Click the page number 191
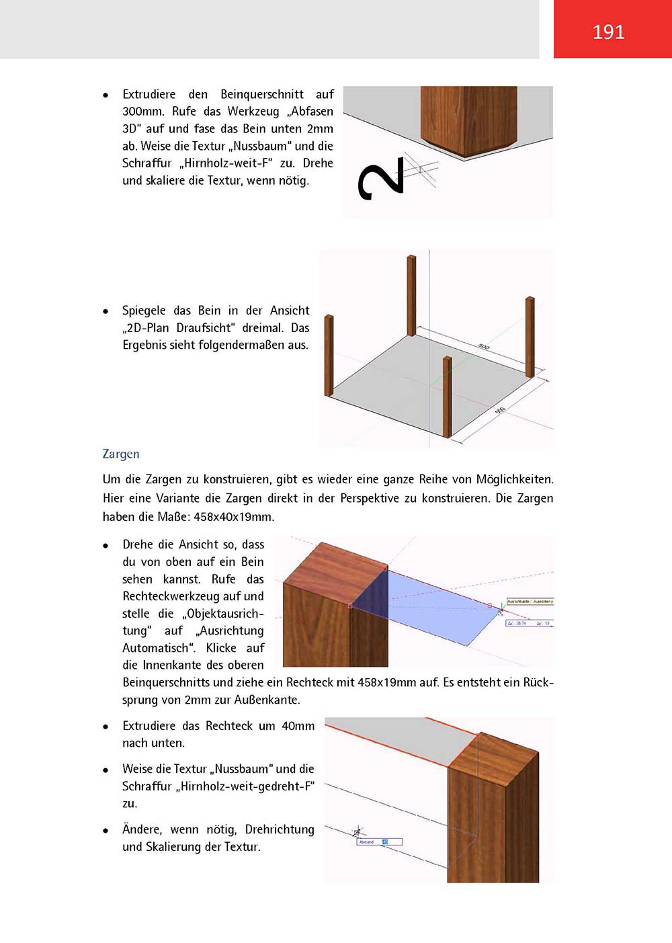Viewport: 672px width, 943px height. tap(608, 32)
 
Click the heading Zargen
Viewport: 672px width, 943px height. tap(121, 454)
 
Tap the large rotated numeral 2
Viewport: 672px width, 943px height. tap(381, 179)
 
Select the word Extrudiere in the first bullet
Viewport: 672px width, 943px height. tap(149, 94)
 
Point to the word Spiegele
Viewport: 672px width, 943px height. tap(144, 311)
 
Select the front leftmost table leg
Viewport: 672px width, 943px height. tap(329, 356)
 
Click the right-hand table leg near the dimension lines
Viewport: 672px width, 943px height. tap(530, 336)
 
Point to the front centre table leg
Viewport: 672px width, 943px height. tap(447, 397)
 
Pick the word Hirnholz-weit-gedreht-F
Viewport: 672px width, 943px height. tap(245, 786)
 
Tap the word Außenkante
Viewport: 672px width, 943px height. tap(265, 700)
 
